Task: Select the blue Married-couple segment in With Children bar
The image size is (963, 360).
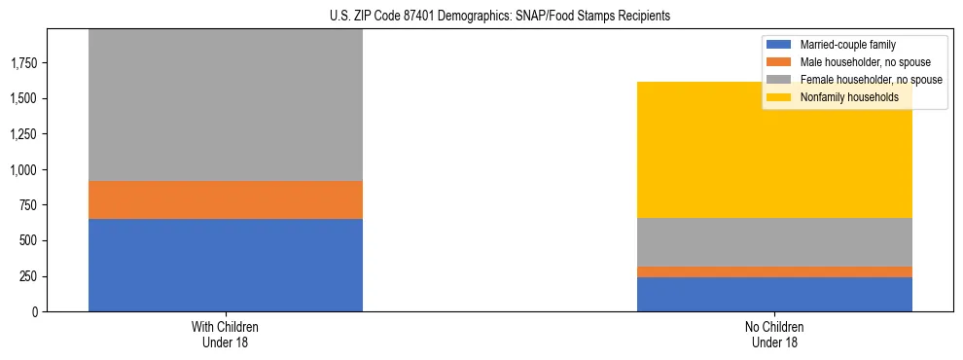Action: [x=226, y=265]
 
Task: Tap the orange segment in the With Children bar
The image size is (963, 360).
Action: [x=226, y=199]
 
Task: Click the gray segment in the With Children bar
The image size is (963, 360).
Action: [x=226, y=105]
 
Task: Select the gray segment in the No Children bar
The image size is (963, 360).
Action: [x=774, y=241]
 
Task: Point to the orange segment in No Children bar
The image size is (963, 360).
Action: [x=774, y=271]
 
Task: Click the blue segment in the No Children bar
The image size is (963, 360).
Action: [x=774, y=294]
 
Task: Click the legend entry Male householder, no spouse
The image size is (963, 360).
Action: [x=857, y=62]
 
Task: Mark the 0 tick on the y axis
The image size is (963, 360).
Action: [x=34, y=312]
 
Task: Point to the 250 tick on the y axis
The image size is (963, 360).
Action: [x=28, y=276]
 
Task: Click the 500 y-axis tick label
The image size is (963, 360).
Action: [x=28, y=240]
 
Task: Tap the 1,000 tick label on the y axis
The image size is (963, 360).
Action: [x=24, y=169]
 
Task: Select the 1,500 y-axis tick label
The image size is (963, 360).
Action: [x=24, y=98]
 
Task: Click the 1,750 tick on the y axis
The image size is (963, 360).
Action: [x=24, y=63]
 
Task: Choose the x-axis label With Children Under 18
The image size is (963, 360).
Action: [x=226, y=335]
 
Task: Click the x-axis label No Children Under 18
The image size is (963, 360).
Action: [x=774, y=335]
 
